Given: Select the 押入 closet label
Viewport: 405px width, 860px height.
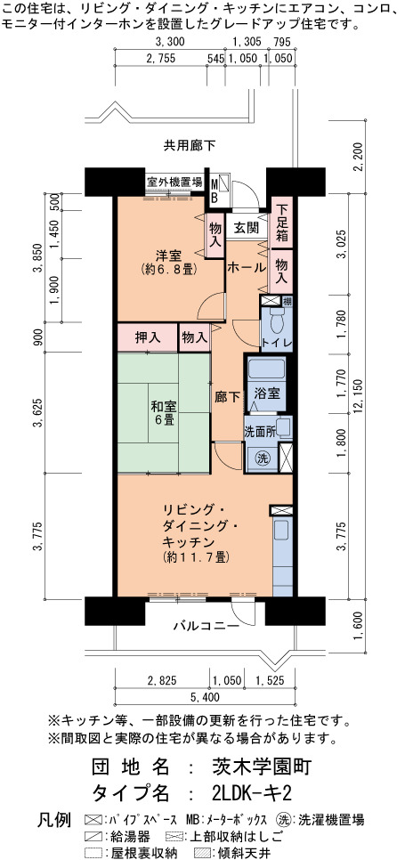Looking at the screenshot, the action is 148,338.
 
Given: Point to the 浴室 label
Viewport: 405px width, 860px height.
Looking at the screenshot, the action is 267,393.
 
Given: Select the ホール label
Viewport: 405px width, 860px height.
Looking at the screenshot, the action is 247,268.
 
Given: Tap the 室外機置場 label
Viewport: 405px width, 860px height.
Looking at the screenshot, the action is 174,182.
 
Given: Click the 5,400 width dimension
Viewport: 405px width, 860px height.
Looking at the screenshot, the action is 205,697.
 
